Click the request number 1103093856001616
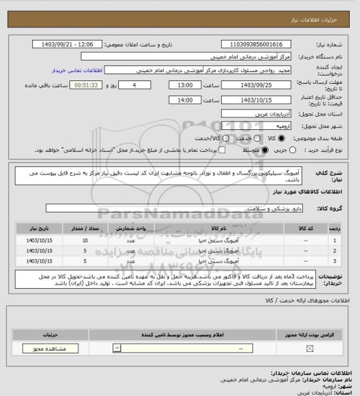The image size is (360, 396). coord(257,44)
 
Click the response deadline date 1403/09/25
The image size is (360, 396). coord(257,85)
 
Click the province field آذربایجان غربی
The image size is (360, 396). coord(257,114)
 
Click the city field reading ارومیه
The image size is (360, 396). coord(257,126)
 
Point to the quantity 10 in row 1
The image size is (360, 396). coord(85,241)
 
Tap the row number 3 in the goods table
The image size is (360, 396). coord(335,261)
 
